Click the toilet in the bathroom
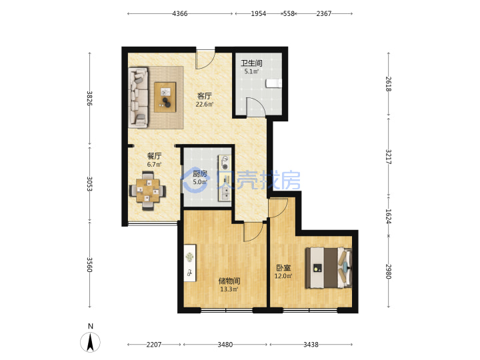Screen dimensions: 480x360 pos(274,83)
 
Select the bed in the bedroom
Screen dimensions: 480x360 pos(329,268)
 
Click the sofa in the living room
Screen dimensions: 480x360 pos(139,97)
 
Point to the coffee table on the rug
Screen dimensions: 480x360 pos(165,97)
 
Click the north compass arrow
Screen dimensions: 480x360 pos(90,342)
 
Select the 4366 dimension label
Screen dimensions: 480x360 pos(180,13)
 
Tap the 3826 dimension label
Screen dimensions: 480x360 pos(89,98)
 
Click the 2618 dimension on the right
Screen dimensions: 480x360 pos(388,84)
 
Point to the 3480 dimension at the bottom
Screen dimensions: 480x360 pos(225,345)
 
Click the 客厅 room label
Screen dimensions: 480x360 pos(204,96)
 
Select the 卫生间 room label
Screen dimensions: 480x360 pos(251,63)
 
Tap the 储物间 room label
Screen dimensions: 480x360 pos(229,281)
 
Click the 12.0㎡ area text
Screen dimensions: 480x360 pos(283,276)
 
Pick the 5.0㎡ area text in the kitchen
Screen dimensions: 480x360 pos(199,182)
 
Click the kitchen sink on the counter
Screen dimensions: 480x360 pos(225,193)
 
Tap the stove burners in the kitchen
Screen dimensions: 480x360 pos(225,163)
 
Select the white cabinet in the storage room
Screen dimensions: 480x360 pos(190,263)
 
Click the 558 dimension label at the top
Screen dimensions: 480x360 pos(289,13)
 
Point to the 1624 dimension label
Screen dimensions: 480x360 pos(388,216)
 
